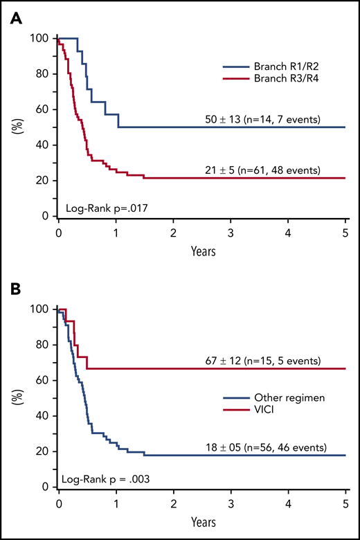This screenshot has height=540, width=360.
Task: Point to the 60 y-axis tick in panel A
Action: coord(44,109)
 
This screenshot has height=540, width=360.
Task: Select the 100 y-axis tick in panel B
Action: coord(42,309)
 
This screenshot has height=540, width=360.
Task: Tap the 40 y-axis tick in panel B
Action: coord(44,416)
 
